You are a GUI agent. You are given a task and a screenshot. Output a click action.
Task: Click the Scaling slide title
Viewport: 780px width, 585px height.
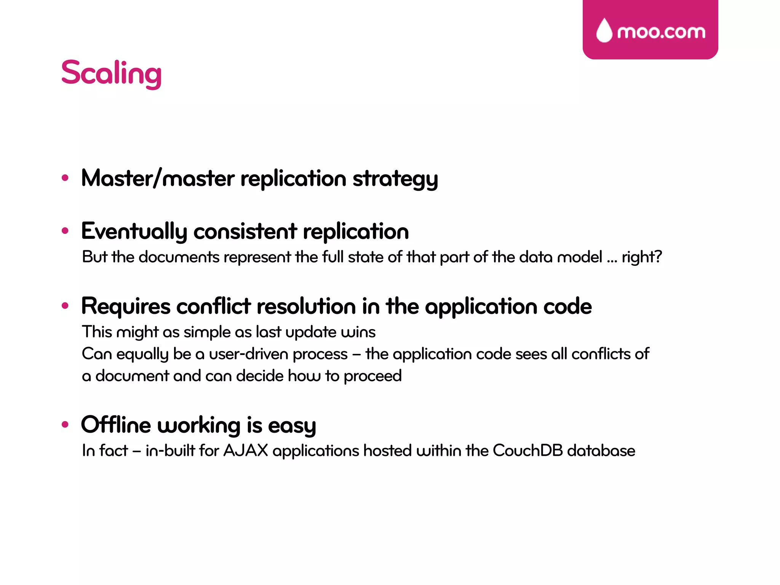tap(111, 73)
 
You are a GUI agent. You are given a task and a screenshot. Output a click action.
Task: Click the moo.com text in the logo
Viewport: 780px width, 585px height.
tap(661, 32)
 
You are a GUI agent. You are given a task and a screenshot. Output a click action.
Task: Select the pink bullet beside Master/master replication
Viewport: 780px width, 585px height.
tap(65, 177)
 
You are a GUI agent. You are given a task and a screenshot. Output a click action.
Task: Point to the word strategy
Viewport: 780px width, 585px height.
tap(395, 179)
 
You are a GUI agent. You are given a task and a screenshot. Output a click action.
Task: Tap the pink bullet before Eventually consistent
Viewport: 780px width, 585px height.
tap(65, 230)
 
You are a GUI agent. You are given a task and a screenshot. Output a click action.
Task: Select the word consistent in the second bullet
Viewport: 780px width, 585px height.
tap(245, 231)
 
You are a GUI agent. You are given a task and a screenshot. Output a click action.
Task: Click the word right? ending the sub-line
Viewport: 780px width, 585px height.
tap(642, 257)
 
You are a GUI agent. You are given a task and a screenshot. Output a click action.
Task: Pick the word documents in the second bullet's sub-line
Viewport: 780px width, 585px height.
tap(179, 257)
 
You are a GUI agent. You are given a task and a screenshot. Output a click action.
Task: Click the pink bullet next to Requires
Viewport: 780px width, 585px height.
tap(65, 305)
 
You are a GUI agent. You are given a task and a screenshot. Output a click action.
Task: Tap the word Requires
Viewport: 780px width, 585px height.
tap(126, 306)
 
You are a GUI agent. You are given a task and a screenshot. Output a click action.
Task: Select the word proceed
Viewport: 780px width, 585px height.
tap(372, 376)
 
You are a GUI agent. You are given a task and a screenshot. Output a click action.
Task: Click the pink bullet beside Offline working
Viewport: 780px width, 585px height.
tap(65, 424)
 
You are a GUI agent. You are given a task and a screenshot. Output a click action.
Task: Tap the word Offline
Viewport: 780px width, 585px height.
tap(116, 425)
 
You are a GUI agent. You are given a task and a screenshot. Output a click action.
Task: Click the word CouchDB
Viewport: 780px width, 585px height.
tap(527, 451)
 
